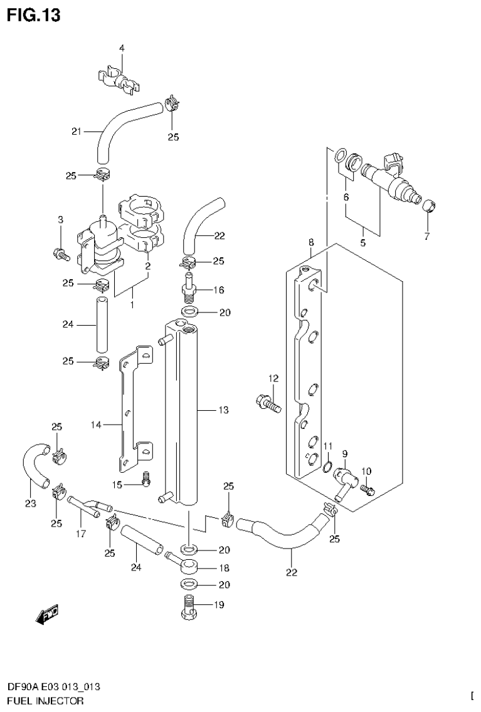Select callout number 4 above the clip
pos(122,48)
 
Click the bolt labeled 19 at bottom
pos(188,606)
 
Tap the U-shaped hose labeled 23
pos(34,466)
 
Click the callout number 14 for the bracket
pos(95,425)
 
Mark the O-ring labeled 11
pos(328,464)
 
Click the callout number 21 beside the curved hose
pos(77,132)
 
